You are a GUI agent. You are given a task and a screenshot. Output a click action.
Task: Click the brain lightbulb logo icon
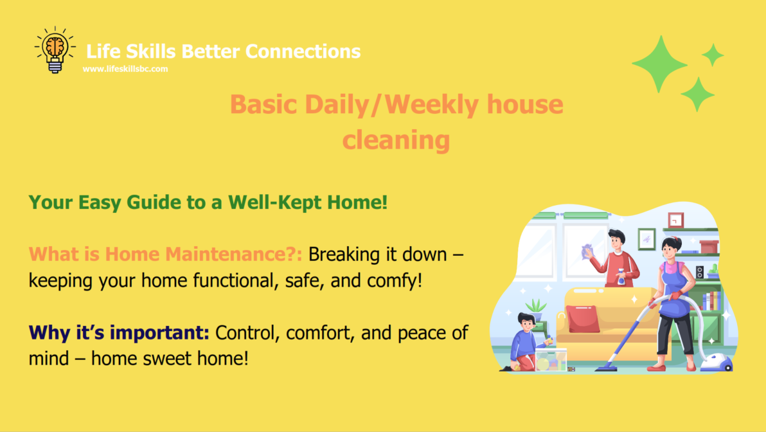click(x=55, y=50)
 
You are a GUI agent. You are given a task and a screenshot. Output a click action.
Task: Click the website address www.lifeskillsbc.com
click(x=125, y=69)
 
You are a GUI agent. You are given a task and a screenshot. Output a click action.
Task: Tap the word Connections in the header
click(x=303, y=51)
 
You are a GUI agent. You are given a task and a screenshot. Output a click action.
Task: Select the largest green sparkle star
click(x=659, y=64)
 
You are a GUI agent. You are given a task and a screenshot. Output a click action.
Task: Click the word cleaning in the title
click(x=396, y=139)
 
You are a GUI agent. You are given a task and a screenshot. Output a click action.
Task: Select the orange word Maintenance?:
click(x=233, y=254)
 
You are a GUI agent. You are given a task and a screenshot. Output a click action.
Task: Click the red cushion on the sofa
click(x=583, y=318)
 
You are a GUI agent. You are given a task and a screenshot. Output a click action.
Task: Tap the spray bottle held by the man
click(x=621, y=276)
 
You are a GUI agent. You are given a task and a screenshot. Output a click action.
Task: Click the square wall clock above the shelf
click(x=675, y=221)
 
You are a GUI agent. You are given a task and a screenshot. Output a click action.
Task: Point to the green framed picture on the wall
click(x=647, y=239)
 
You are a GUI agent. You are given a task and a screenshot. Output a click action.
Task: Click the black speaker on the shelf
click(x=700, y=272)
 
